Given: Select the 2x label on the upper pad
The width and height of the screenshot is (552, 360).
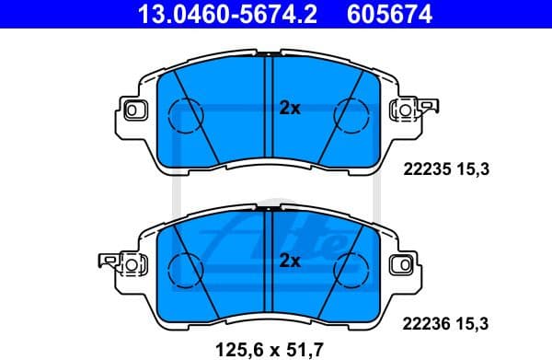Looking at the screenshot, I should pos(290,109).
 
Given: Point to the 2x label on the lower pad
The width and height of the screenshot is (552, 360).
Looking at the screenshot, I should pos(290,261).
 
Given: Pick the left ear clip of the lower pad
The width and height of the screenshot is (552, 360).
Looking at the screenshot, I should pos(111,263).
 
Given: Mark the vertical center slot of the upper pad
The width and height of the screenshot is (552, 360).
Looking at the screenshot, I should pos(269,109).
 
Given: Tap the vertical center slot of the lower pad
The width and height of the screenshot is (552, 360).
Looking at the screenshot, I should pos(269,261).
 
